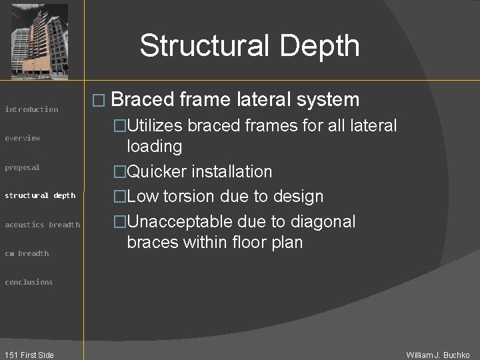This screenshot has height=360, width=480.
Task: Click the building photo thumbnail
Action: (39, 41)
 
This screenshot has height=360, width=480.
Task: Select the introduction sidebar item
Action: (31, 109)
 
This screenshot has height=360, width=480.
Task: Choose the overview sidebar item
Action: (23, 138)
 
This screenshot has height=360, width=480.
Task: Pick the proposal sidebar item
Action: (23, 167)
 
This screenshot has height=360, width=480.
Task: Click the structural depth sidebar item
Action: (40, 195)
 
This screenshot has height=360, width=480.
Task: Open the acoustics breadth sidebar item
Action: (43, 225)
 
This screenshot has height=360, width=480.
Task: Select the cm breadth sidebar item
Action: (27, 253)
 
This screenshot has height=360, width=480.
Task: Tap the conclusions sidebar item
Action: (29, 282)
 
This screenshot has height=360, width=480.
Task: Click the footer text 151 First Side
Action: (29, 355)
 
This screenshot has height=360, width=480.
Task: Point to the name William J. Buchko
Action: (438, 355)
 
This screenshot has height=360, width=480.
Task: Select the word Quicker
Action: (157, 171)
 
